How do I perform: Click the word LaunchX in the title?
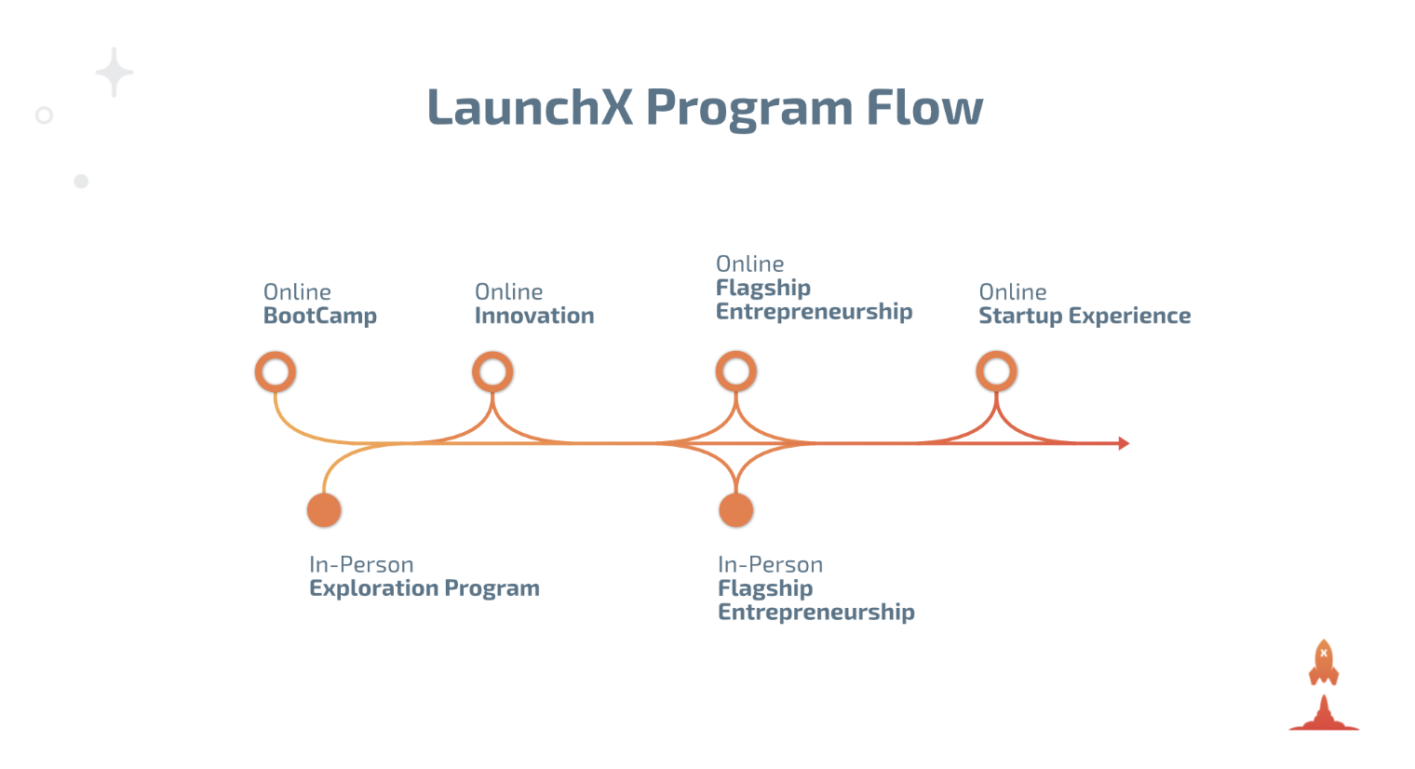tap(530, 107)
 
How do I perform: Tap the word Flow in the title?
tap(924, 107)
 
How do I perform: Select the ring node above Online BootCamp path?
tap(276, 372)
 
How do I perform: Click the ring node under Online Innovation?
tap(492, 372)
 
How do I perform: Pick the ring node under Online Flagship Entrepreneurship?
tap(735, 371)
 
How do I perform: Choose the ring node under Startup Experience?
tap(996, 371)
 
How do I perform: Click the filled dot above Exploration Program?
tap(324, 510)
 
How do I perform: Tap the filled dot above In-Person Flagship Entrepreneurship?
tap(735, 510)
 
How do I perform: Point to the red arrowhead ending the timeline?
tap(1124, 443)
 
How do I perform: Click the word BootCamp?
tap(320, 317)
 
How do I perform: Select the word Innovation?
tap(534, 317)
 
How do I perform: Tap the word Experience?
tap(1130, 317)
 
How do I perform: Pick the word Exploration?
tap(373, 588)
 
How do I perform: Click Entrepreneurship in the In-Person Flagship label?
tap(816, 613)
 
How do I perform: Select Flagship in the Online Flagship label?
tap(763, 289)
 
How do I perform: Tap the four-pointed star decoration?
tap(115, 72)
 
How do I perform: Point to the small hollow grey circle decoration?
tap(44, 115)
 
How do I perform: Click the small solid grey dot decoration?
tap(81, 182)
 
